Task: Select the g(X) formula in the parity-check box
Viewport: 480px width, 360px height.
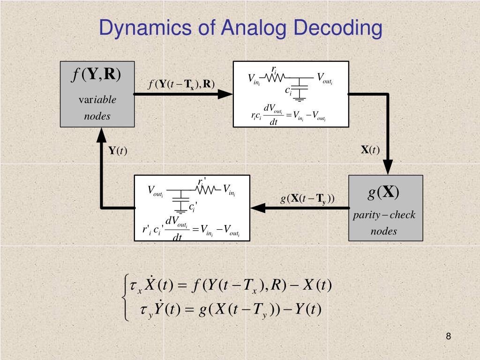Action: [383, 192]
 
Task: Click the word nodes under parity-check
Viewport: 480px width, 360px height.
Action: [384, 231]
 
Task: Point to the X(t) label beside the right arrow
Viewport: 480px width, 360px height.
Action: [370, 150]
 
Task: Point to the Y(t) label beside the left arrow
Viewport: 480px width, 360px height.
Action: [118, 150]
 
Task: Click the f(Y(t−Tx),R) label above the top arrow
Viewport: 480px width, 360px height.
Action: [181, 84]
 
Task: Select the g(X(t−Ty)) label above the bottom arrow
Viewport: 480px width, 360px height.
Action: [307, 199]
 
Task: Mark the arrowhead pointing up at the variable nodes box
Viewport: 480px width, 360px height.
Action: [102, 135]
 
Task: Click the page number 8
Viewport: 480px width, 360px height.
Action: [449, 336]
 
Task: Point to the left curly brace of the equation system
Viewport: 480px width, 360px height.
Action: [125, 298]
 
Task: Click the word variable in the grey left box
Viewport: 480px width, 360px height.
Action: [97, 99]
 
